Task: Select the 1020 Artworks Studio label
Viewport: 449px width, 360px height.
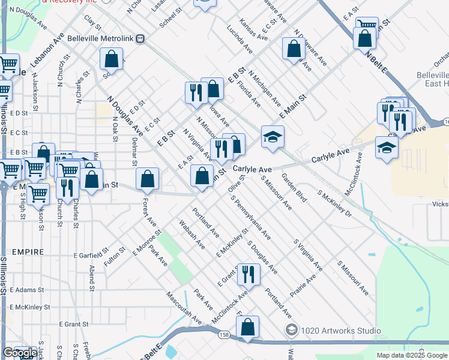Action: point(341,331)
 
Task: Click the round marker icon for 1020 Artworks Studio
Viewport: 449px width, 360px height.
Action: point(292,330)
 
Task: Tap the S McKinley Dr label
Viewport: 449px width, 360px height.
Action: point(334,205)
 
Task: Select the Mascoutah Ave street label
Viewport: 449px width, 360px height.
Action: point(182,307)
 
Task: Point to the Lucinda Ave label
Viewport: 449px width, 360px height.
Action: point(239,40)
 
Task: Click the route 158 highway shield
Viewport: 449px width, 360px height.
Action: point(224,335)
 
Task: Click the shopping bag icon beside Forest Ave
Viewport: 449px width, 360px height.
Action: point(147,178)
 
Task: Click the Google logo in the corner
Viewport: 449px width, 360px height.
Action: point(19,353)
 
